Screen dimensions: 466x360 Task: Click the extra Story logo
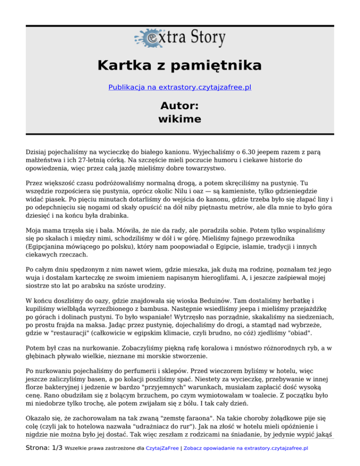180,38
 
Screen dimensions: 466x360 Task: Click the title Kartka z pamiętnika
180,65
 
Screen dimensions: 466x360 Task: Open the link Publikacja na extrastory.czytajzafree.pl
180,87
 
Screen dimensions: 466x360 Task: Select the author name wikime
180,119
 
